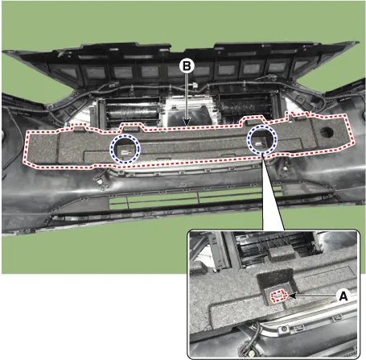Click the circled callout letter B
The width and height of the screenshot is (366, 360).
tap(187, 66)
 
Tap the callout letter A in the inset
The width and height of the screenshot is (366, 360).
tap(343, 296)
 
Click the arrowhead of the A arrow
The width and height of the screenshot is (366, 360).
tap(292, 296)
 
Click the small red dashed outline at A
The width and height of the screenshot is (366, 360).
tap(279, 296)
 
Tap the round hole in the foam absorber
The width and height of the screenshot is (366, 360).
tap(327, 132)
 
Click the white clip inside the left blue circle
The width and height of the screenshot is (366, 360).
tap(125, 152)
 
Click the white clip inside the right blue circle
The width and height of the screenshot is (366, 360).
tap(258, 144)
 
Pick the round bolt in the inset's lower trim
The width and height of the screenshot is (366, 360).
tap(284, 329)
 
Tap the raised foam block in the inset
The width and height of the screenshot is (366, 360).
tap(280, 253)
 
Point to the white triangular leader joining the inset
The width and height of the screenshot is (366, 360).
tap(272, 193)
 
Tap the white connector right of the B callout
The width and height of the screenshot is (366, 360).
tap(194, 85)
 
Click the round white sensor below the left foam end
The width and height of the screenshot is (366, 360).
tap(100, 181)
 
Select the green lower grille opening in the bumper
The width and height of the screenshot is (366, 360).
tap(195, 198)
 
